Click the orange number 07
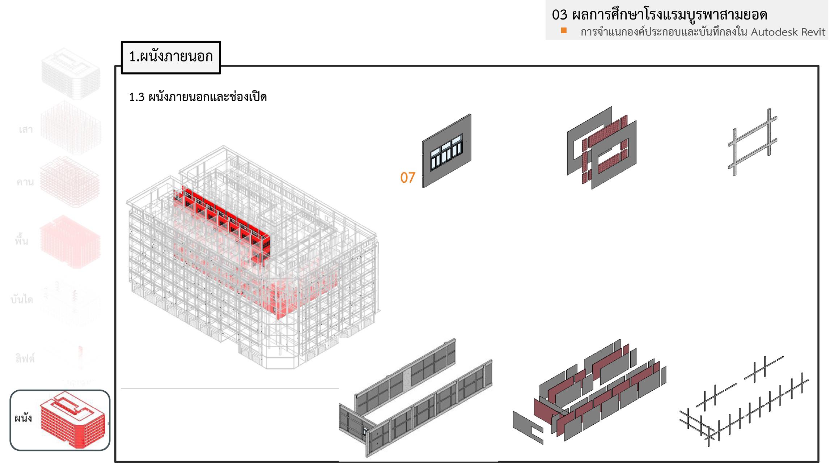coord(407,178)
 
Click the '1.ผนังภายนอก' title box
coord(171,57)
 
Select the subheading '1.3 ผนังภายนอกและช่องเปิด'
coord(198,97)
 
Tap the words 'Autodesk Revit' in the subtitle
coord(788,32)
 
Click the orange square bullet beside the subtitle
coord(563,30)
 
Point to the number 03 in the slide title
coord(559,15)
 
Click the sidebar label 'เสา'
coord(26,130)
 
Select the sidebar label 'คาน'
coord(25,182)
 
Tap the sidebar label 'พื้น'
coord(22,241)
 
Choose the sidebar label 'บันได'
coord(22,300)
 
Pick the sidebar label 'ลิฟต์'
coord(25,358)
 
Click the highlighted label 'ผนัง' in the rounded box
coord(23,419)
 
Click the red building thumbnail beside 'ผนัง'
coord(72,420)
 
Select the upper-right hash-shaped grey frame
coord(753,142)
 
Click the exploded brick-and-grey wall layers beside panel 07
coord(602,148)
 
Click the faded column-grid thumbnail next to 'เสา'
coord(71,128)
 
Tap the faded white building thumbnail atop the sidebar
coord(71,74)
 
